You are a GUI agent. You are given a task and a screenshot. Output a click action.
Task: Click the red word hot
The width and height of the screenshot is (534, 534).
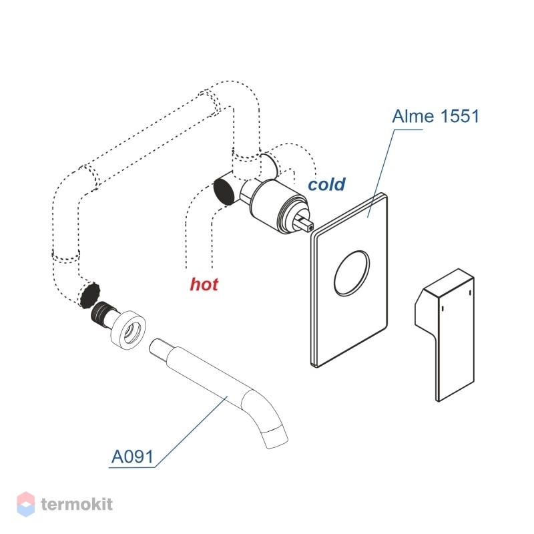204,284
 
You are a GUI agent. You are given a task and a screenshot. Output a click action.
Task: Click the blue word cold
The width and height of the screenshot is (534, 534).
326,184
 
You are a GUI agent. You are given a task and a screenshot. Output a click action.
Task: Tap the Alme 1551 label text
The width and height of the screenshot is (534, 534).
436,116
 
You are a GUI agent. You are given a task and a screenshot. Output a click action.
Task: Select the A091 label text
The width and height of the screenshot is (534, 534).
132,457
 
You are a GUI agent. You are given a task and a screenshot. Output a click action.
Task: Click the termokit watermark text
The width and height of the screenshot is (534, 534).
77,504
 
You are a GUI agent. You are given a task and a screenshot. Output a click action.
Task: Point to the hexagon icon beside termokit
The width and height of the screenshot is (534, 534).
25,504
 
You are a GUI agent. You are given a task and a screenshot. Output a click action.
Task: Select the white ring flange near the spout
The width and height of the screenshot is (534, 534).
129,330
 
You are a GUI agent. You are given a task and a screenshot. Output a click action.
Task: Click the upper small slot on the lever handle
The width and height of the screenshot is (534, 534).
470,293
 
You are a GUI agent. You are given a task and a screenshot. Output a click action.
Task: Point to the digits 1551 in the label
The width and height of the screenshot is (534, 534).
459,116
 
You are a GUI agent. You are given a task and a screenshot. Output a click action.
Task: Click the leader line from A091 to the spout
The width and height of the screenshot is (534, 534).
192,432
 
